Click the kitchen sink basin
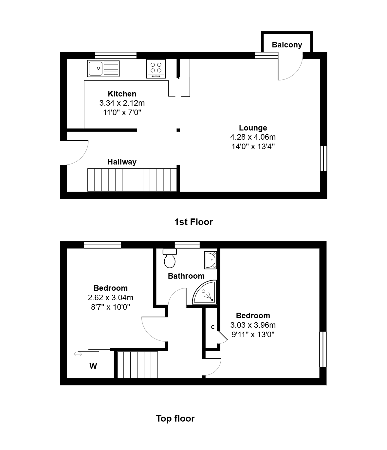96,68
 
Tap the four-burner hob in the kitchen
156,69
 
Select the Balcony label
287,45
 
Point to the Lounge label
253,128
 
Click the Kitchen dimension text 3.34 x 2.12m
122,103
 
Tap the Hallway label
122,162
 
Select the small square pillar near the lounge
178,130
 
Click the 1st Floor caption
193,222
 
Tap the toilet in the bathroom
170,258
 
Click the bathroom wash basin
211,260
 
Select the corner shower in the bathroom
205,292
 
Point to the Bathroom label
186,276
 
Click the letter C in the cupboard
213,327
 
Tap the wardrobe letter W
93,366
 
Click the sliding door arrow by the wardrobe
78,354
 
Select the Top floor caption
175,418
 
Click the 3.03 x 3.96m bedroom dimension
253,325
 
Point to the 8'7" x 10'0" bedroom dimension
110,307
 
